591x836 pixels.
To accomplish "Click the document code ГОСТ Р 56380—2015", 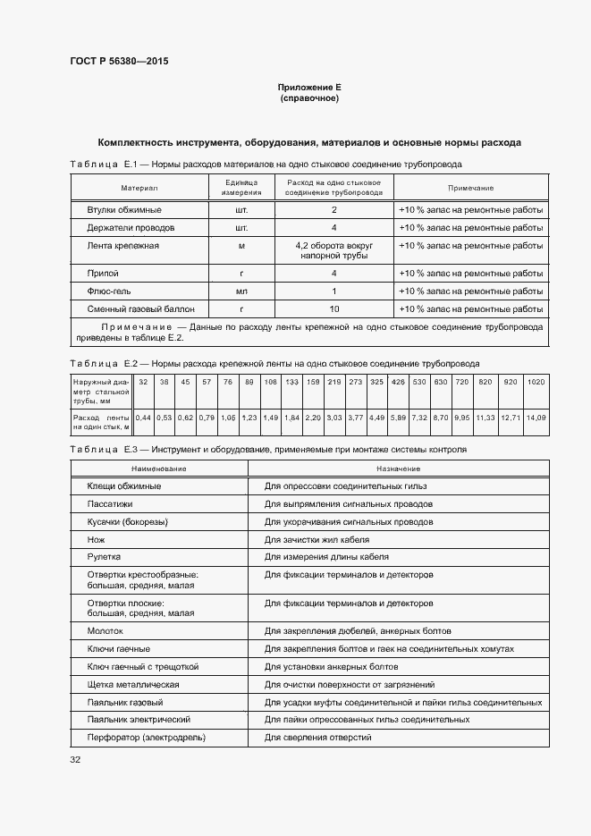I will (x=119, y=62).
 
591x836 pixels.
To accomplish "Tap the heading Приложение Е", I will (x=309, y=88).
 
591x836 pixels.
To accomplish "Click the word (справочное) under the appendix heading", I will (x=309, y=98).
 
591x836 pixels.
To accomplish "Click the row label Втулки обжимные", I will (x=124, y=210).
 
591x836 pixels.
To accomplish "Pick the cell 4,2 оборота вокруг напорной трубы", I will (x=333, y=250).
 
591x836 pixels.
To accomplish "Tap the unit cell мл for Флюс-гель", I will (x=241, y=291).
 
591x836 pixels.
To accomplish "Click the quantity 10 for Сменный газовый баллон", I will (x=333, y=309).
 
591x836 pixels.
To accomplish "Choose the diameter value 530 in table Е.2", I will (x=418, y=382).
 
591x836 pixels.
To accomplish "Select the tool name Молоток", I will (x=105, y=630).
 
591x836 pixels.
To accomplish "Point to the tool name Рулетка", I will (x=104, y=556).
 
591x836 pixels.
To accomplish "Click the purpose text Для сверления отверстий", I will (x=317, y=738).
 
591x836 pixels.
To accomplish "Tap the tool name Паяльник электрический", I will (x=139, y=720).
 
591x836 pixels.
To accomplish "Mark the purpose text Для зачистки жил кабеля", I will (x=317, y=539).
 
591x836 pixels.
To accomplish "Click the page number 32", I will (x=75, y=760).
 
